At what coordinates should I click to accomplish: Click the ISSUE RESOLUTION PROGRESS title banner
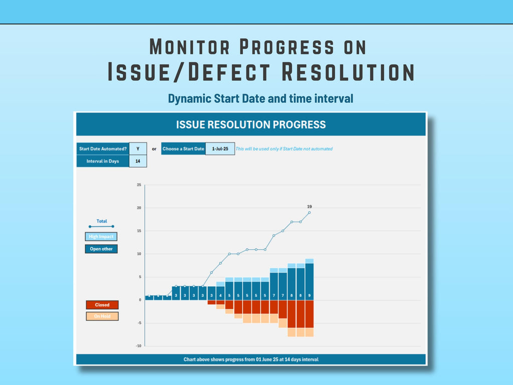(250, 125)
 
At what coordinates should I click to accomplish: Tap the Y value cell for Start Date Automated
(138, 148)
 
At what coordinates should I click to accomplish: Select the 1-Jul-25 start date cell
(220, 148)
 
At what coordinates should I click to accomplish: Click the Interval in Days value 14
(138, 161)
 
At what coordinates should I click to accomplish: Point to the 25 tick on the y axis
(139, 185)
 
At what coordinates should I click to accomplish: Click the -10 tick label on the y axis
(138, 346)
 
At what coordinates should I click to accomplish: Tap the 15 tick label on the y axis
(139, 231)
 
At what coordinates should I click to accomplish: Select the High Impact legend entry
(101, 237)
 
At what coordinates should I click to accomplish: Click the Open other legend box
(101, 249)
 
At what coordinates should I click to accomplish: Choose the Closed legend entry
(102, 305)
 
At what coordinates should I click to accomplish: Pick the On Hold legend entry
(102, 316)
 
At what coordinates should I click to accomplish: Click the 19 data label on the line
(310, 207)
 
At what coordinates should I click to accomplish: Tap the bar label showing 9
(309, 295)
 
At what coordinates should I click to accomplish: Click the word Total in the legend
(102, 221)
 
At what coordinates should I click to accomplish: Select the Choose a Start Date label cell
(183, 148)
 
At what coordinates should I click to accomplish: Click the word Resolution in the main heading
(348, 72)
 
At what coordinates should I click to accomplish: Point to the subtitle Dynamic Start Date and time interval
(261, 98)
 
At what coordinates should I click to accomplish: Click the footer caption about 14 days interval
(250, 359)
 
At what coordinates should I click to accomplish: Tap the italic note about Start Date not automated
(284, 149)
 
